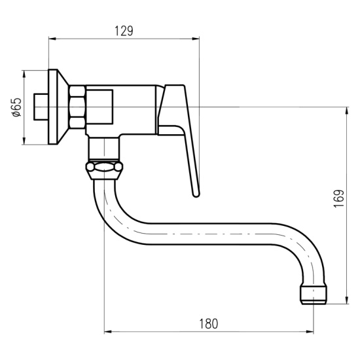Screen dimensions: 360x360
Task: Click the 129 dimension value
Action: pos(124,31)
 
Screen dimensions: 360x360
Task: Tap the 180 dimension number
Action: pos(208,324)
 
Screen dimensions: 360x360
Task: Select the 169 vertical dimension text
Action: pos(339,198)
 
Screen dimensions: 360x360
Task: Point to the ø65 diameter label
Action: pos(17,107)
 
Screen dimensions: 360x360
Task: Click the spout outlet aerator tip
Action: pos(314,295)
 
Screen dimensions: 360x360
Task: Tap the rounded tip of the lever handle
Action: pos(196,194)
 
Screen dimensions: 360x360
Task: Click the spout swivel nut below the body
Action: pos(105,170)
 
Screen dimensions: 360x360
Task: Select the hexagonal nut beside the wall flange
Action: pos(77,107)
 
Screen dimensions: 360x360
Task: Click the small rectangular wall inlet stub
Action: pos(41,107)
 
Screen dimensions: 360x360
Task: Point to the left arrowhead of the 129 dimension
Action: pos(52,39)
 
